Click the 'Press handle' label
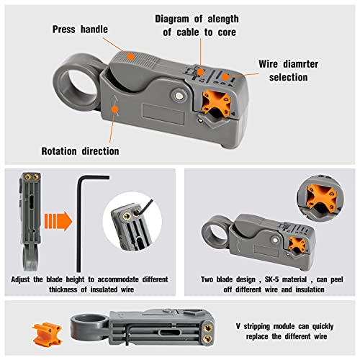[81, 29]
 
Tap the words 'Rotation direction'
[81, 151]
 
